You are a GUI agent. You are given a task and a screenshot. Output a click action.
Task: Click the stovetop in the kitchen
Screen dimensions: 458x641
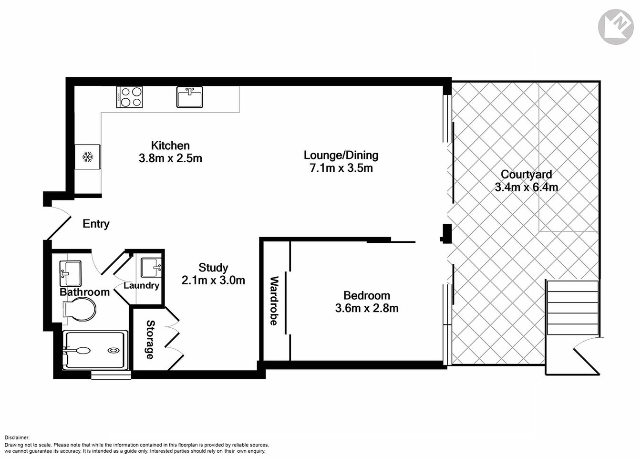click(129, 96)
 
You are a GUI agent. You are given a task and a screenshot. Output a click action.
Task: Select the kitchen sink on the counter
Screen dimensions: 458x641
click(189, 97)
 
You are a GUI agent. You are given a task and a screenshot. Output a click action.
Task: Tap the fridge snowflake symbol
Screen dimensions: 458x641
click(87, 156)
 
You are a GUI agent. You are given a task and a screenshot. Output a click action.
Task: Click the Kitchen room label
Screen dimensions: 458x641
click(170, 146)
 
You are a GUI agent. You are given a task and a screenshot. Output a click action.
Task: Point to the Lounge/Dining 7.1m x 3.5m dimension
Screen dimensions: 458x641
click(341, 168)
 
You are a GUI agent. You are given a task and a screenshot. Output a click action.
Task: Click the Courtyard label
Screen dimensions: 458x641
click(526, 175)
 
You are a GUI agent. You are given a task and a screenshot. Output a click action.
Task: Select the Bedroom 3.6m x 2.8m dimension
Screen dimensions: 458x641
click(367, 308)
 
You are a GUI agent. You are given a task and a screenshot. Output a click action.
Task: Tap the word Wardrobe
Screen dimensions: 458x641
click(274, 301)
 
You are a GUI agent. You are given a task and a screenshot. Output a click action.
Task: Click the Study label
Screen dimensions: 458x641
click(213, 268)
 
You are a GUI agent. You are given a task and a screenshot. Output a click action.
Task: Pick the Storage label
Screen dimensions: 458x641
click(150, 339)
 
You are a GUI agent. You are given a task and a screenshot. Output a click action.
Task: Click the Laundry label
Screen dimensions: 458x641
click(141, 285)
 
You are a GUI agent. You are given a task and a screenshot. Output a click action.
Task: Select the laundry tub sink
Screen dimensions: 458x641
click(152, 266)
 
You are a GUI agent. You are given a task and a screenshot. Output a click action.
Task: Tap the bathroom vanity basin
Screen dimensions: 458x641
click(71, 273)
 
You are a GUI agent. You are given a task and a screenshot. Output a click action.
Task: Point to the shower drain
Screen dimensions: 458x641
click(114, 350)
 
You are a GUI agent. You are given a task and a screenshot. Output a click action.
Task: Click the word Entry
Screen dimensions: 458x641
click(96, 224)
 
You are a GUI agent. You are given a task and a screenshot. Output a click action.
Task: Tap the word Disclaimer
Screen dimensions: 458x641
click(17, 437)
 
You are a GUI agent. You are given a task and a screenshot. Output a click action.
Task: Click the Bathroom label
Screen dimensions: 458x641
click(84, 292)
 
